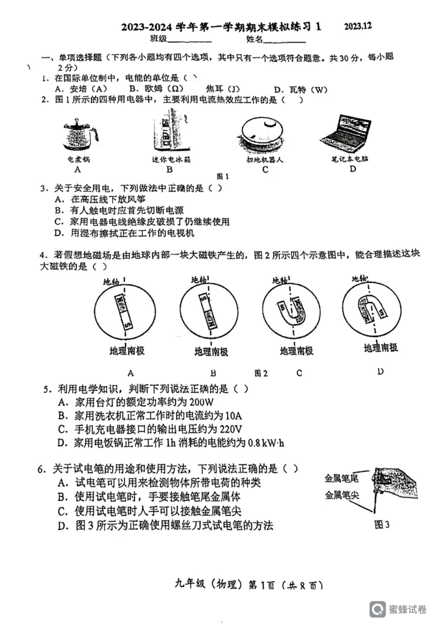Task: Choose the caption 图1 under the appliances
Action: (x=223, y=177)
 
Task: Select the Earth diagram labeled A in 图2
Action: (x=127, y=309)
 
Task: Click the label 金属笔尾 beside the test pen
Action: (x=341, y=478)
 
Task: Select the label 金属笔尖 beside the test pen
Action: (x=341, y=495)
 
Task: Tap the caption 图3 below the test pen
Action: (x=382, y=525)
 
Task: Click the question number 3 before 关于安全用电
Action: (x=43, y=188)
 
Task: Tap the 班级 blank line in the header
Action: (x=190, y=40)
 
